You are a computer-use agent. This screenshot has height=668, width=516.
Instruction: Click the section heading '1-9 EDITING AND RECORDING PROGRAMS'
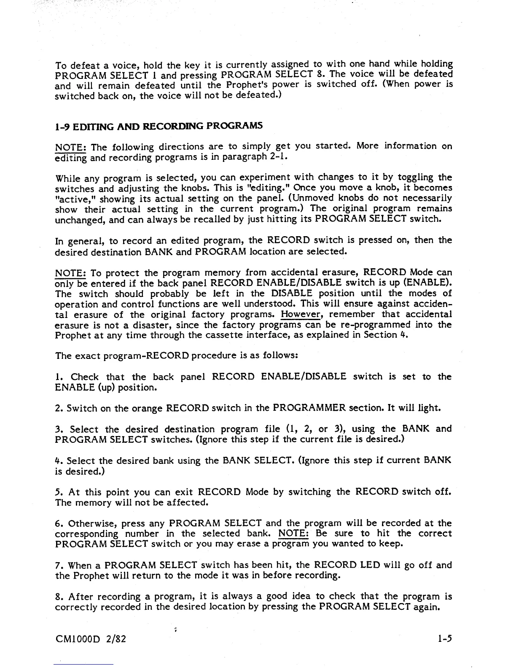pyautogui.click(x=159, y=126)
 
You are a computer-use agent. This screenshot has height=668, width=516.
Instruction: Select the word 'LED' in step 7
pyautogui.click(x=370, y=565)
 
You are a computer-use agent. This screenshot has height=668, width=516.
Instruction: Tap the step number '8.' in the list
pyautogui.click(x=59, y=597)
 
